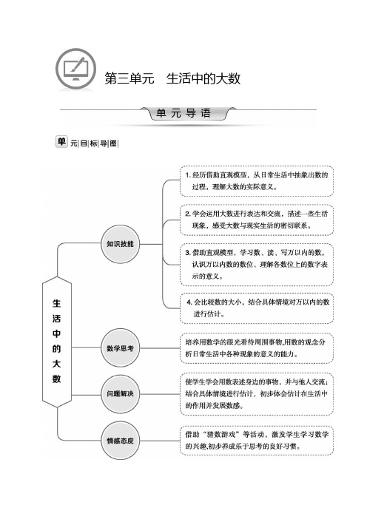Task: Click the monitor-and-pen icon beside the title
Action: pyautogui.click(x=76, y=69)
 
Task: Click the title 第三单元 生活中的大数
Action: pyautogui.click(x=172, y=79)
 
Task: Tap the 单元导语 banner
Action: pyautogui.click(x=183, y=113)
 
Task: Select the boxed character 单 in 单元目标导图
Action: pyautogui.click(x=61, y=142)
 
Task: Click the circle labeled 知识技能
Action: pyautogui.click(x=120, y=244)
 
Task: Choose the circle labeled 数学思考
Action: pyautogui.click(x=120, y=348)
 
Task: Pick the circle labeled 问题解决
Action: pyautogui.click(x=120, y=394)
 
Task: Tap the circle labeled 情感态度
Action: pyautogui.click(x=120, y=441)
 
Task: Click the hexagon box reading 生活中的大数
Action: pyautogui.click(x=57, y=342)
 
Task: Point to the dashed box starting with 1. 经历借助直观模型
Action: pyautogui.click(x=257, y=181)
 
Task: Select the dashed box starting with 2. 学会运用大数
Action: pyautogui.click(x=257, y=220)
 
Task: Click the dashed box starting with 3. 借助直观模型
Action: pyautogui.click(x=257, y=265)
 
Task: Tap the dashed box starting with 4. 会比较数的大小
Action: pyautogui.click(x=257, y=308)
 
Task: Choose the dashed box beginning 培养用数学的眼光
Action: pyautogui.click(x=257, y=348)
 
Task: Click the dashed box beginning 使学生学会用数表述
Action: pyautogui.click(x=257, y=394)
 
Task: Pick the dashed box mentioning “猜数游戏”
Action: pyautogui.click(x=257, y=441)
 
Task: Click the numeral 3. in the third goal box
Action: pyautogui.click(x=188, y=253)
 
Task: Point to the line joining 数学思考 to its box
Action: pyautogui.click(x=160, y=348)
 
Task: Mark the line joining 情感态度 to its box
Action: pyautogui.click(x=160, y=441)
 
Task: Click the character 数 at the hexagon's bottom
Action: pyautogui.click(x=57, y=379)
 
